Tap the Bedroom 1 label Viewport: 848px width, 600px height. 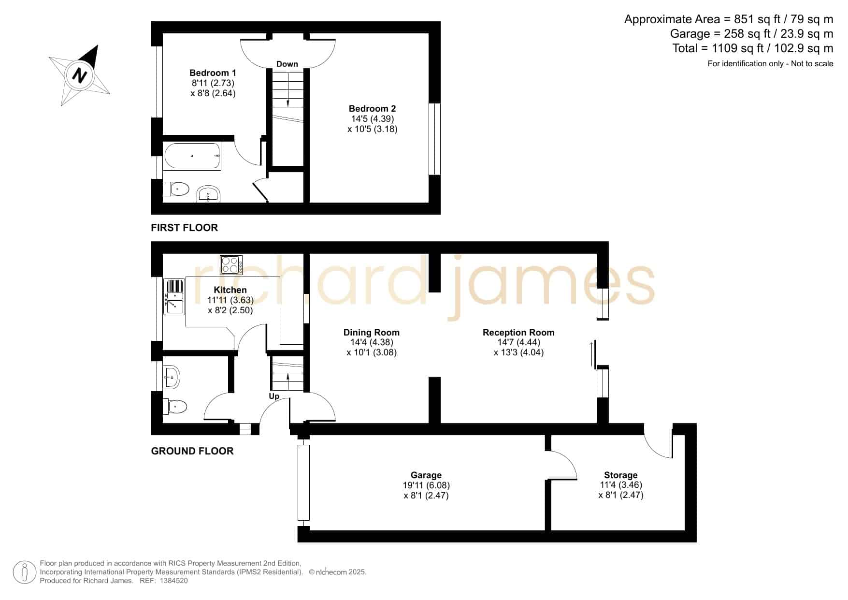pyautogui.click(x=213, y=73)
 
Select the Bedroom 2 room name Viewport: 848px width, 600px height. pyautogui.click(x=372, y=109)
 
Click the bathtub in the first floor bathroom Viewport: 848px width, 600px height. pyautogui.click(x=192, y=156)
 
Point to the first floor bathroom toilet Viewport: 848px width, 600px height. pyautogui.click(x=176, y=189)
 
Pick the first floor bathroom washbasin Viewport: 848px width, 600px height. pyautogui.click(x=209, y=194)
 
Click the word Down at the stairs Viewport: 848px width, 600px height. pyautogui.click(x=287, y=64)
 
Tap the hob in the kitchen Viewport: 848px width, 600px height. pyautogui.click(x=231, y=265)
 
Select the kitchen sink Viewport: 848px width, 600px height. pyautogui.click(x=174, y=297)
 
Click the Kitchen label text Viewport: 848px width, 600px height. pyautogui.click(x=230, y=290)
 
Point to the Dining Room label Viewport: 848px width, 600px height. pyautogui.click(x=371, y=333)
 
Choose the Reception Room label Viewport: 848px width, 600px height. pyautogui.click(x=518, y=333)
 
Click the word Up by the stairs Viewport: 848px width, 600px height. pyautogui.click(x=274, y=396)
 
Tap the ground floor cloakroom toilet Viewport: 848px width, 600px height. pyautogui.click(x=175, y=407)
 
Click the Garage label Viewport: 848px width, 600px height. pyautogui.click(x=426, y=475)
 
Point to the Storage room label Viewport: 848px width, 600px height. pyautogui.click(x=620, y=475)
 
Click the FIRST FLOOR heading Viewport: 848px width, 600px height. pyautogui.click(x=184, y=228)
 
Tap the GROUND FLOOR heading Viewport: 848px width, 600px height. pyautogui.click(x=192, y=451)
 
